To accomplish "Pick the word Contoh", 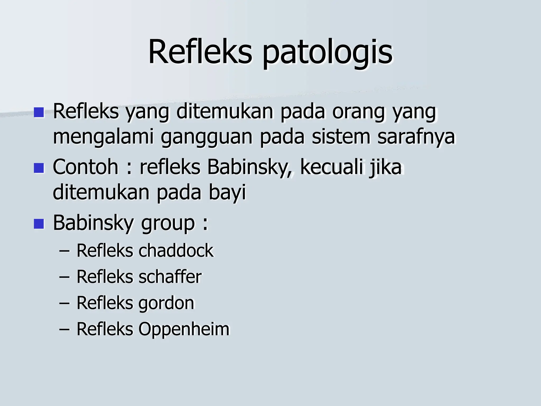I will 85,167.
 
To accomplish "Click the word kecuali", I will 332,167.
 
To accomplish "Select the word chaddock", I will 176,250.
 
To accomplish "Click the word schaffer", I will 170,277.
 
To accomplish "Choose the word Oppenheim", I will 184,329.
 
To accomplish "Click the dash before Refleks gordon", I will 64,303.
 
